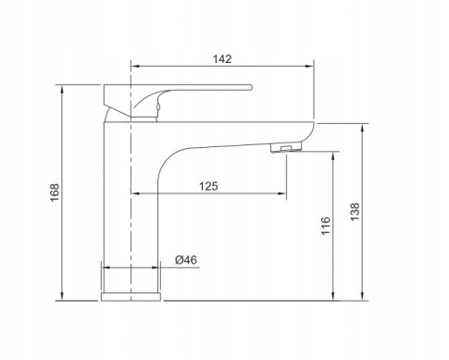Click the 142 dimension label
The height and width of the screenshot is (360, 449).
pyautogui.click(x=222, y=59)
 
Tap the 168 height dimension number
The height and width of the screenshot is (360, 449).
pyautogui.click(x=55, y=192)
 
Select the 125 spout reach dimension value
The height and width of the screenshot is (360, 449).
pyautogui.click(x=208, y=186)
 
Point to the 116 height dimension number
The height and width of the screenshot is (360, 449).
pyautogui.click(x=326, y=226)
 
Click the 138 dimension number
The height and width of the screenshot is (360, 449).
pyautogui.click(x=355, y=212)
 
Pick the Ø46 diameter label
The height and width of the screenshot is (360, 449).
pyautogui.click(x=186, y=260)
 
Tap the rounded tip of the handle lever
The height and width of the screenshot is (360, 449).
pyautogui.click(x=251, y=87)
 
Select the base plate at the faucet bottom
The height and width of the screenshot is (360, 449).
pyautogui.click(x=131, y=297)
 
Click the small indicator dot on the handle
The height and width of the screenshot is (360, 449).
pyautogui.click(x=158, y=107)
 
